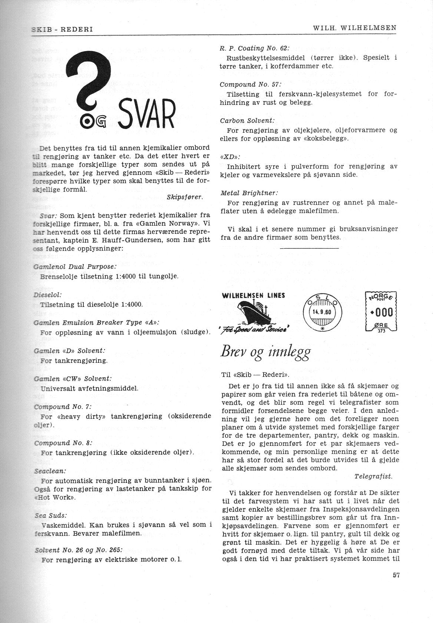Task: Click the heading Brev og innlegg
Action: pyautogui.click(x=265, y=351)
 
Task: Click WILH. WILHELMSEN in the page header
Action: pyautogui.click(x=354, y=28)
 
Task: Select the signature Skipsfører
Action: pyautogui.click(x=184, y=197)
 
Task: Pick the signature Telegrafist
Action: pyautogui.click(x=373, y=476)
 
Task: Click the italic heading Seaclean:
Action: pyautogui.click(x=50, y=471)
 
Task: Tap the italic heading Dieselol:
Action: pyautogui.click(x=48, y=295)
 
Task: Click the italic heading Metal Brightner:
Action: pyautogui.click(x=249, y=193)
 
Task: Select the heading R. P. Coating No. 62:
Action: pyautogui.click(x=254, y=48)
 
